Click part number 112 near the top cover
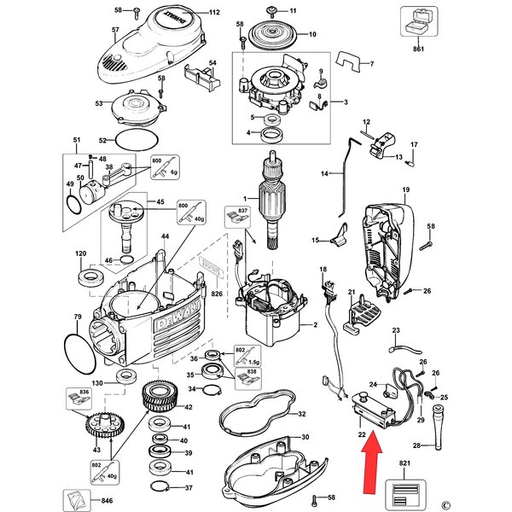214,13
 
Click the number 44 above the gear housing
165,235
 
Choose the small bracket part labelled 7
348,59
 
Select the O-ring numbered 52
136,141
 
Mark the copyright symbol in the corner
494,501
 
